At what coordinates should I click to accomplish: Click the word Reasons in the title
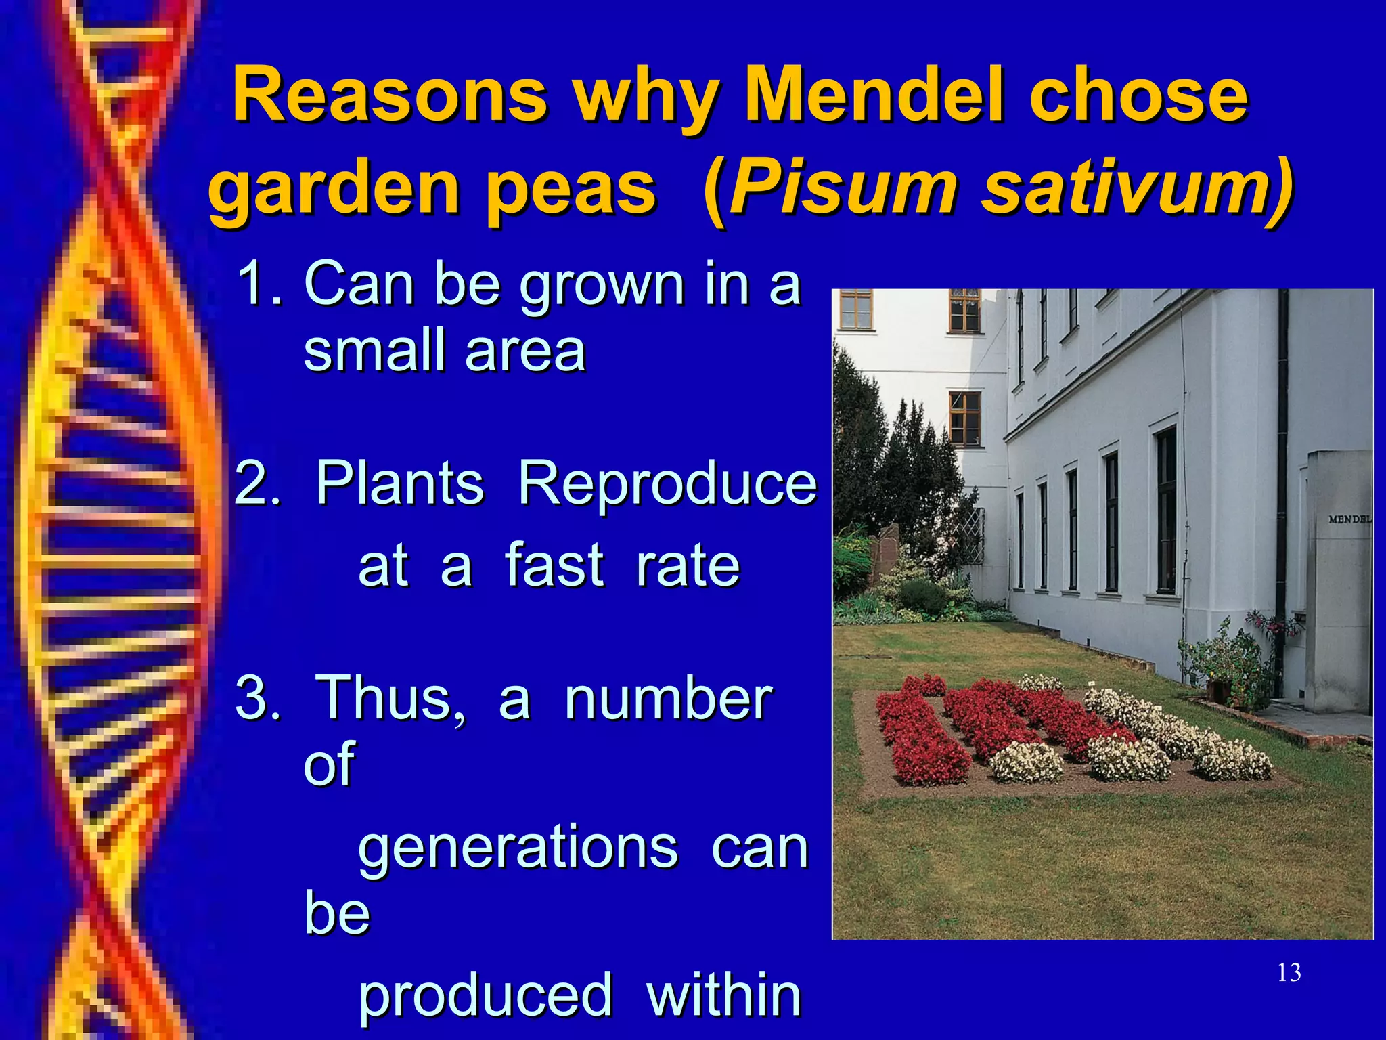pyautogui.click(x=389, y=96)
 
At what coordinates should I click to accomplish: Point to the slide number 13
pyautogui.click(x=1289, y=973)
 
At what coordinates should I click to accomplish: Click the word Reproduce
pyautogui.click(x=667, y=484)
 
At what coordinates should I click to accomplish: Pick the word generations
pyautogui.click(x=517, y=849)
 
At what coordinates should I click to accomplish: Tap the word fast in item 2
pyautogui.click(x=554, y=565)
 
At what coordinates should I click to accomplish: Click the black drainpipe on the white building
pyautogui.click(x=1281, y=474)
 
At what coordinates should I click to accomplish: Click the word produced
pyautogui.click(x=485, y=995)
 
